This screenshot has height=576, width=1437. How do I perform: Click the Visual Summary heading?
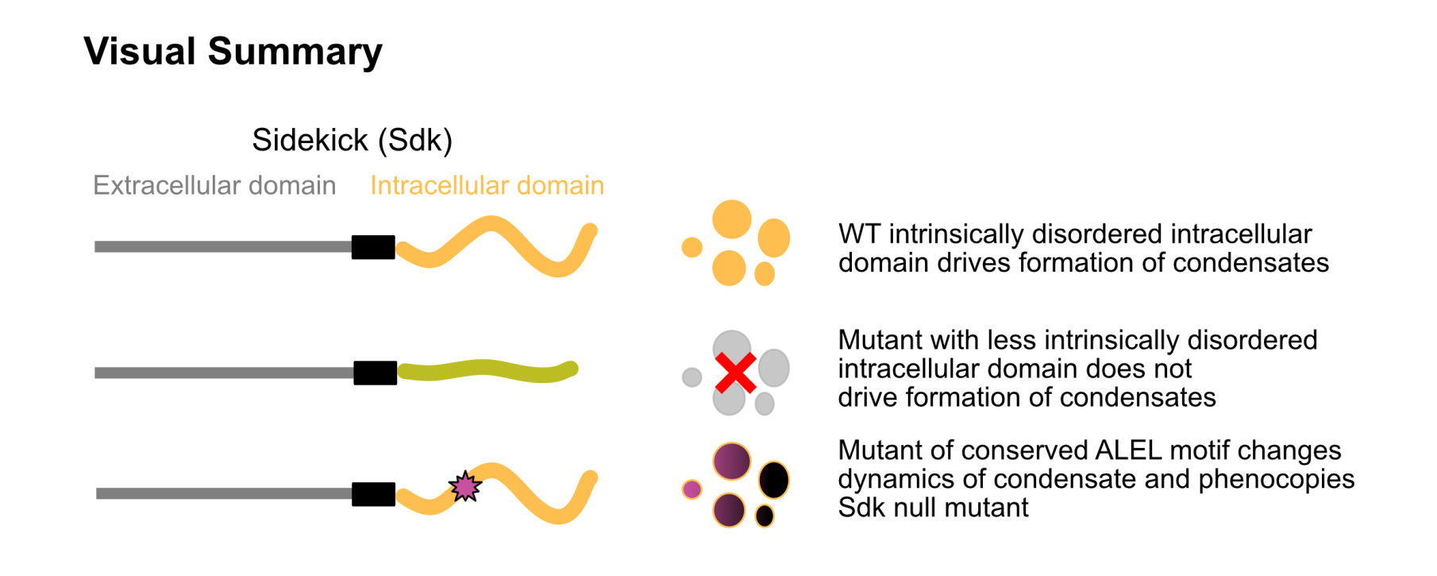coord(233,52)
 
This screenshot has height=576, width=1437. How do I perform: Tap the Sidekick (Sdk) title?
coord(352,141)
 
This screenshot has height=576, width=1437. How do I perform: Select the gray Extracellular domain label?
coord(214,186)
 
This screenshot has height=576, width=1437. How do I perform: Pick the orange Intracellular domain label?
coord(487,186)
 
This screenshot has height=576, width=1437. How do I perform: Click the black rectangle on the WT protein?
coord(373,247)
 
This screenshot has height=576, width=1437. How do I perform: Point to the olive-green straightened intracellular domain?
coord(487,370)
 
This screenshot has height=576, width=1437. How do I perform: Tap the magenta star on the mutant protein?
coord(465,486)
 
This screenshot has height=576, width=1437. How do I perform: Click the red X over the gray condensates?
coord(735,373)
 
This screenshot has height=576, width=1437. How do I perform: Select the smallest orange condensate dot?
coord(692,247)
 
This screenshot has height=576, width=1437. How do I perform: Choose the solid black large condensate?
coord(774,480)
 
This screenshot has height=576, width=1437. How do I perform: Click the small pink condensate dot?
coord(692,489)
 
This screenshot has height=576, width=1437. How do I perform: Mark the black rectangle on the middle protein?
coord(375,373)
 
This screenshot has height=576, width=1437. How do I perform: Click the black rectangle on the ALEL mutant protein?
coord(373,494)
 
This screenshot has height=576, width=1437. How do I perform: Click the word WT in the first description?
coord(859,234)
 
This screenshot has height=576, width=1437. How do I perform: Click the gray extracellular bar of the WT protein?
coord(222,247)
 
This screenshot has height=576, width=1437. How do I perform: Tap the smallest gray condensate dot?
coord(692,377)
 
